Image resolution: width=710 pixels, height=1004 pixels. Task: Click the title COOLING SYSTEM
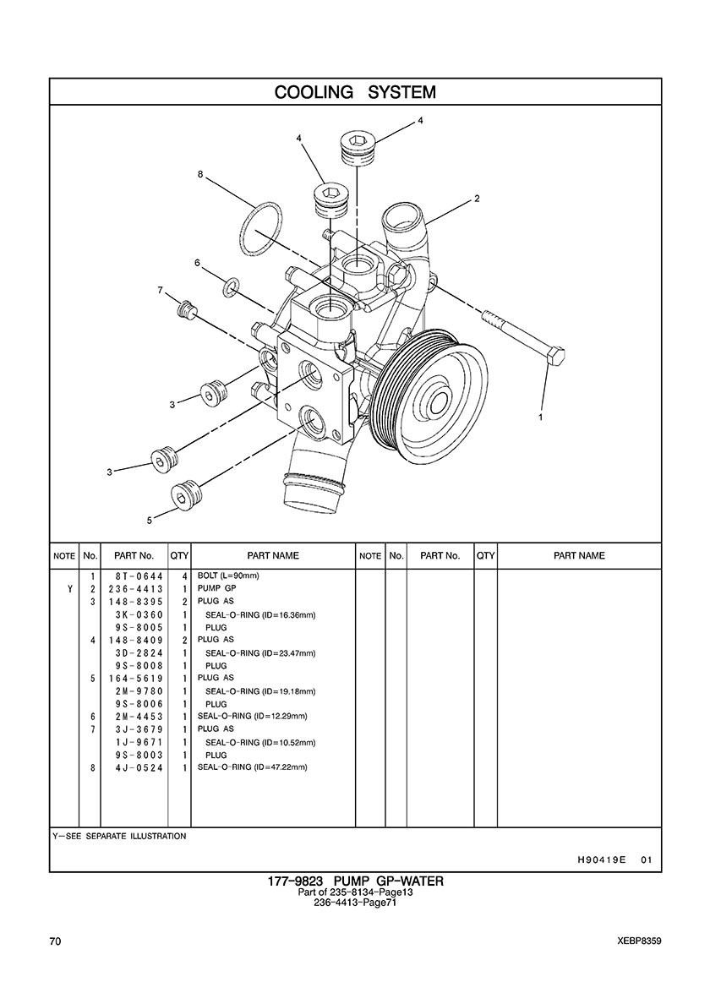355,91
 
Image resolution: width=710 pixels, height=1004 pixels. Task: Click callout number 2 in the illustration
477,199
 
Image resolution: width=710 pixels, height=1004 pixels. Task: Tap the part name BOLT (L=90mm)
228,576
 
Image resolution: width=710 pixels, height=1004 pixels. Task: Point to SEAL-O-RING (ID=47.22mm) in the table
252,767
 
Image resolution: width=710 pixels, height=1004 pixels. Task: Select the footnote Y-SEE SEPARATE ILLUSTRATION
119,836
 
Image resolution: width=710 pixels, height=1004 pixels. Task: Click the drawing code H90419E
601,859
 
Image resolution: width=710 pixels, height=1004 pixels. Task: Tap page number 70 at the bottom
55,940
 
